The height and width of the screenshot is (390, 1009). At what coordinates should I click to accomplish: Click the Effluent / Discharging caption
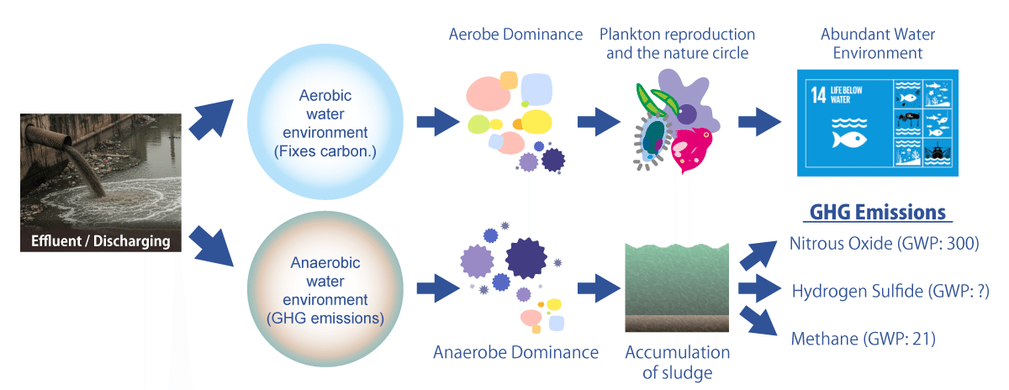101,242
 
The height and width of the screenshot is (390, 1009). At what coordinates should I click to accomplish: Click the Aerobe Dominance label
515,35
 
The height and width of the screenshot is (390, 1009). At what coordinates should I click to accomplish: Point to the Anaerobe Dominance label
515,352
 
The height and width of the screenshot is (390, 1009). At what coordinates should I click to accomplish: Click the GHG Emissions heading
878,213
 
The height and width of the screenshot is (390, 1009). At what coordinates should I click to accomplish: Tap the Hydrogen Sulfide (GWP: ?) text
890,292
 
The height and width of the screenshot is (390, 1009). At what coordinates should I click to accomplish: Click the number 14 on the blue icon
818,93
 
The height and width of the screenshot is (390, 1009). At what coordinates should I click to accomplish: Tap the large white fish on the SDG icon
846,139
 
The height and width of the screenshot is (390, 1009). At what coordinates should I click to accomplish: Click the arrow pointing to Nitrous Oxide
758,251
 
